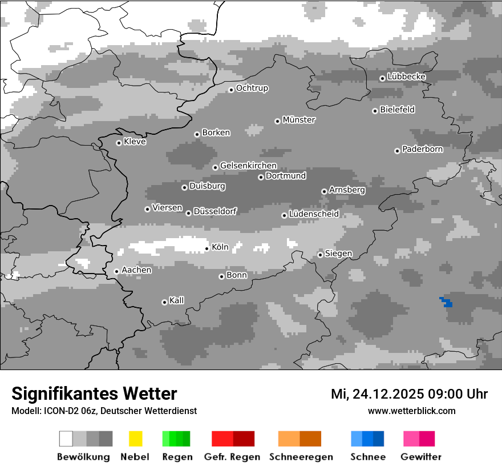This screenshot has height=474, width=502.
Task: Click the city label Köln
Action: (x=220, y=247)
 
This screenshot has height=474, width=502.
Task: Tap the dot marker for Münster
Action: (x=277, y=121)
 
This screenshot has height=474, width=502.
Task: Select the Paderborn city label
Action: (x=422, y=149)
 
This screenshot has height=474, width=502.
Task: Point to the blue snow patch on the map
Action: (x=446, y=302)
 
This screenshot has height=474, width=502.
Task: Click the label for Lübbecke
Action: (x=406, y=77)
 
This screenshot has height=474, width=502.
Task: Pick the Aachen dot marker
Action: (x=116, y=271)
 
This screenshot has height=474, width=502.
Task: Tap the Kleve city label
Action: (x=135, y=142)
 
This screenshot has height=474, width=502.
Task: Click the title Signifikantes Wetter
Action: (x=94, y=393)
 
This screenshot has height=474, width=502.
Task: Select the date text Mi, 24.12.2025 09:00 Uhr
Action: (x=409, y=394)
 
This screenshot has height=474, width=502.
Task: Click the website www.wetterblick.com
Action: (x=411, y=411)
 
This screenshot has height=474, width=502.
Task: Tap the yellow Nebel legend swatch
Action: (x=135, y=439)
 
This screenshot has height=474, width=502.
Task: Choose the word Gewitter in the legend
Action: (x=420, y=457)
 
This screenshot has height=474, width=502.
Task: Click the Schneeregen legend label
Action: (x=301, y=457)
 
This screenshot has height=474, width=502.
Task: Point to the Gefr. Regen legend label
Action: (x=232, y=457)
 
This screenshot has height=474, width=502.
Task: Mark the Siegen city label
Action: (x=338, y=254)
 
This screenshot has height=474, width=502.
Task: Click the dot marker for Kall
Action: (x=164, y=302)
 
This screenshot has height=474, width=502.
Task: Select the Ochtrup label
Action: (x=252, y=89)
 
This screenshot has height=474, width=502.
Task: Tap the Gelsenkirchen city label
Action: (x=248, y=166)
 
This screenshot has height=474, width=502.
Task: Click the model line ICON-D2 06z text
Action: (x=104, y=411)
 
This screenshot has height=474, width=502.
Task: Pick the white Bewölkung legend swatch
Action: (x=66, y=439)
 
